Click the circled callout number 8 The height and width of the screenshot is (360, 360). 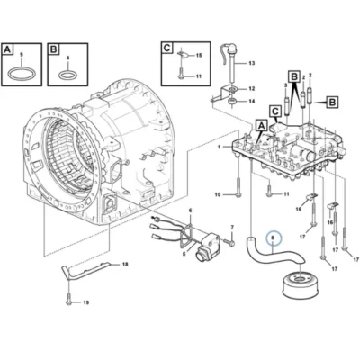pyautogui.click(x=273, y=238)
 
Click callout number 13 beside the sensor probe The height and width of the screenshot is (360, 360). pyautogui.click(x=251, y=63)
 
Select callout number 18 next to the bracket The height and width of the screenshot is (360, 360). pyautogui.click(x=125, y=265)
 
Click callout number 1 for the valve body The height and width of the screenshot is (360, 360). pyautogui.click(x=220, y=147)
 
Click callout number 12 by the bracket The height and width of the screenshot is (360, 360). pyautogui.click(x=251, y=89)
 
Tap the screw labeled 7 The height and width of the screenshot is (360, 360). pyautogui.click(x=231, y=241)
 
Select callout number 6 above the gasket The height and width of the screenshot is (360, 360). pyautogui.click(x=190, y=211)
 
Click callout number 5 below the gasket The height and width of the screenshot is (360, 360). pyautogui.click(x=184, y=254)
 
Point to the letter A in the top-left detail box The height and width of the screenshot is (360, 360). pyautogui.click(x=8, y=49)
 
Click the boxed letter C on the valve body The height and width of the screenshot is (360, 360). pyautogui.click(x=275, y=111)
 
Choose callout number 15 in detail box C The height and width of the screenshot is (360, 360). pyautogui.click(x=199, y=56)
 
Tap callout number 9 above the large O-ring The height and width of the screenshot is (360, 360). pyautogui.click(x=21, y=55)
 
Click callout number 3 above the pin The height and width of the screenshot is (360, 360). pyautogui.click(x=285, y=85)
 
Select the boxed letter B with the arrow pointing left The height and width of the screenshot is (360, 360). pyautogui.click(x=332, y=103)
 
